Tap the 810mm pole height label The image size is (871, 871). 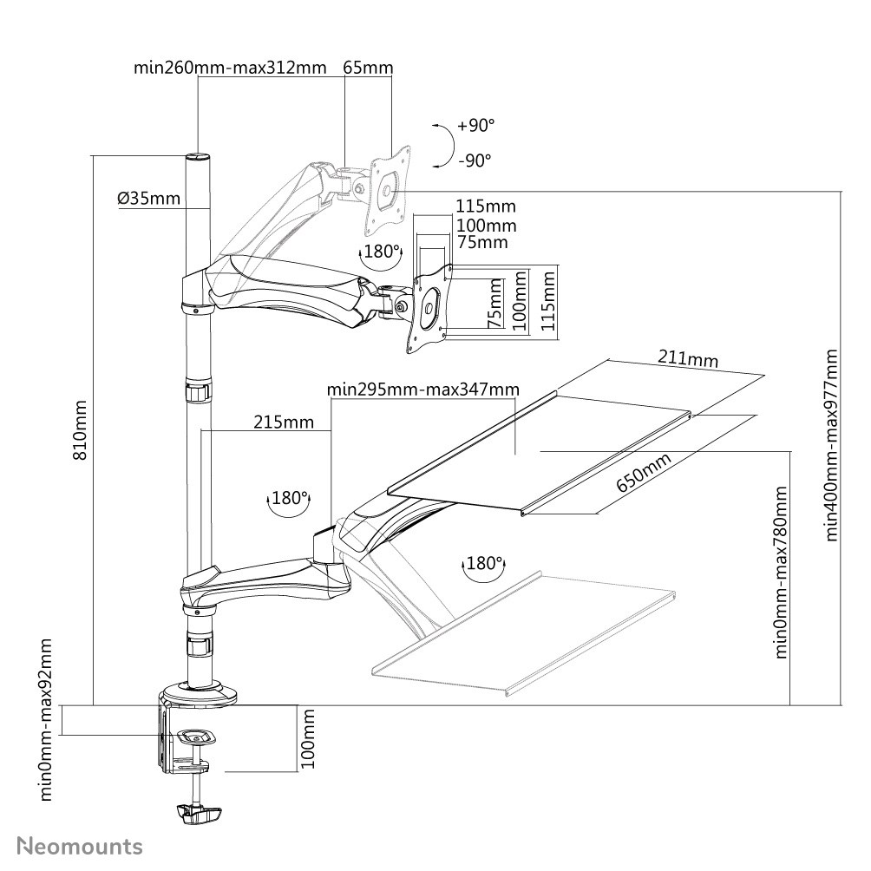coord(81,429)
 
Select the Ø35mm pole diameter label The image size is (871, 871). coord(149,199)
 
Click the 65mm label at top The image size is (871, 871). coord(368,68)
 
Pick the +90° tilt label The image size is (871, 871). coord(475,126)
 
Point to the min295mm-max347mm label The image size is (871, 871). coord(423,390)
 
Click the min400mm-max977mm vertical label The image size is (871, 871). coord(832,445)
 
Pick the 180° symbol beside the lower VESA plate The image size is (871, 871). coord(380,252)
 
